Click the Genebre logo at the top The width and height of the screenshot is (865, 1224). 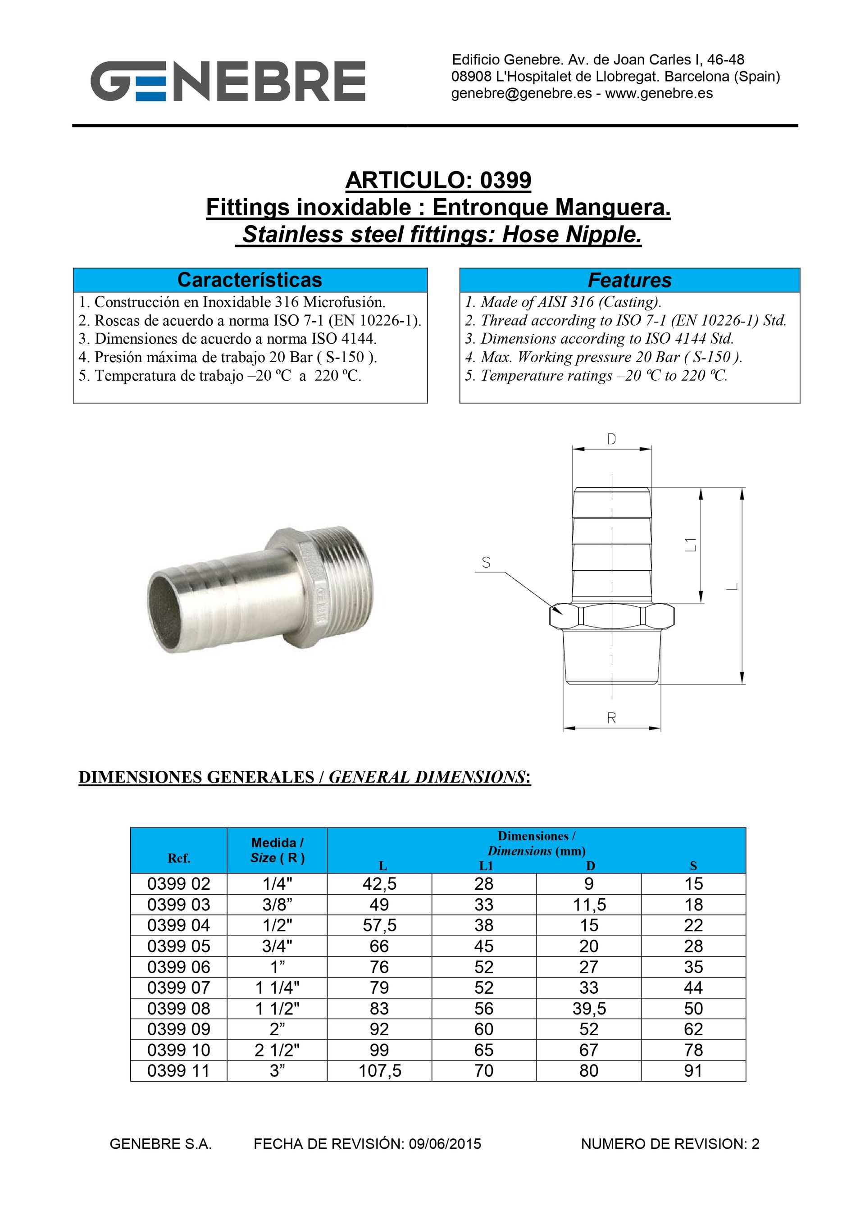(x=228, y=81)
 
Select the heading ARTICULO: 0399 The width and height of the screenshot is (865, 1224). (x=438, y=180)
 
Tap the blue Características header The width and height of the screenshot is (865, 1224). (x=250, y=280)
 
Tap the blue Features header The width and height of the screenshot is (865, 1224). (x=629, y=280)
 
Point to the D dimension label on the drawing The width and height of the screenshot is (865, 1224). (x=612, y=439)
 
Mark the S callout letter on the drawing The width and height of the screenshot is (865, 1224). (x=486, y=562)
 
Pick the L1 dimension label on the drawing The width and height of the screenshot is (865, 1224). (x=691, y=544)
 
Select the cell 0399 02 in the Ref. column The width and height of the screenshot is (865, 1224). (x=179, y=884)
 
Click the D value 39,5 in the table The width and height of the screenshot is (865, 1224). (x=588, y=1008)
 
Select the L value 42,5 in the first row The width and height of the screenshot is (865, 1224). (x=379, y=884)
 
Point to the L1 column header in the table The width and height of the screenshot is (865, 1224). (x=485, y=866)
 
